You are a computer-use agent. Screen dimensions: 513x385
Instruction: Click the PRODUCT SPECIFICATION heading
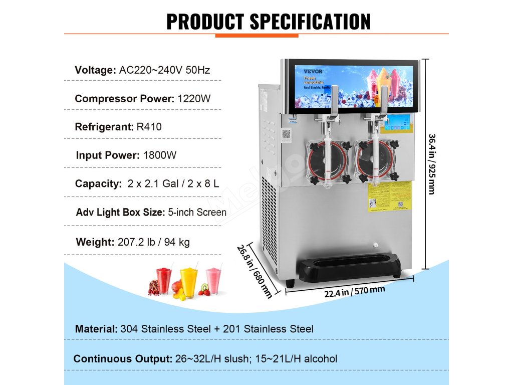(268, 22)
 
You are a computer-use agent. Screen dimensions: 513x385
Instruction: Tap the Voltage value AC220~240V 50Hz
(164, 70)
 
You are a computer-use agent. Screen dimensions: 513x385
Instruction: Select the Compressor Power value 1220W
(194, 99)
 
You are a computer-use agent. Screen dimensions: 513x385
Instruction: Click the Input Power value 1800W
(159, 155)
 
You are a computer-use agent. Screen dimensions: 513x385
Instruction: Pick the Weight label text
(95, 242)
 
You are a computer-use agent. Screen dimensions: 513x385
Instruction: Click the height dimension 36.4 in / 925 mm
(431, 163)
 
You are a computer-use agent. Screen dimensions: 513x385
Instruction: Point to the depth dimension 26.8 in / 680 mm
(255, 271)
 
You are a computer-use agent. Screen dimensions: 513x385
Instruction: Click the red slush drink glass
(164, 281)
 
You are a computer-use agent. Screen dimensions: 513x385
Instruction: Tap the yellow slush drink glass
(189, 282)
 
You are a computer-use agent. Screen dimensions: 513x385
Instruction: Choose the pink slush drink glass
(213, 281)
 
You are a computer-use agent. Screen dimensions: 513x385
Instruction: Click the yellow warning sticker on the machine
(390, 196)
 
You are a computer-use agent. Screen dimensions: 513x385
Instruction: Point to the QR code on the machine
(286, 135)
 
